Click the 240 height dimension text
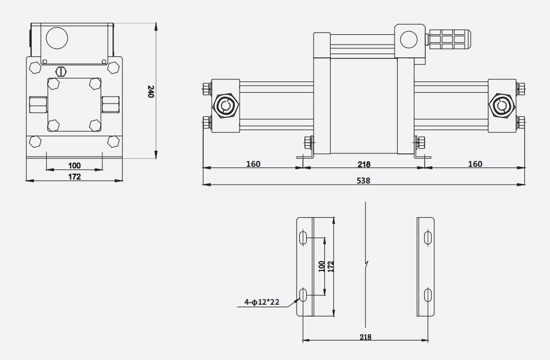[x=151, y=91]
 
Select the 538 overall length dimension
[x=363, y=180]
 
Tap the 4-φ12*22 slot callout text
[x=262, y=302]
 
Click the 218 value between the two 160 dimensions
[x=364, y=164]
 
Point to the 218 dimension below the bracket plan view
[x=366, y=337]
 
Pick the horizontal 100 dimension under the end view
[x=75, y=165]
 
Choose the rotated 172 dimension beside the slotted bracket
[x=330, y=266]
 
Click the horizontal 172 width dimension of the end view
[x=75, y=177]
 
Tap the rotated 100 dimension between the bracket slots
[x=321, y=266]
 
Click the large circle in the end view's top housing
[x=56, y=38]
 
